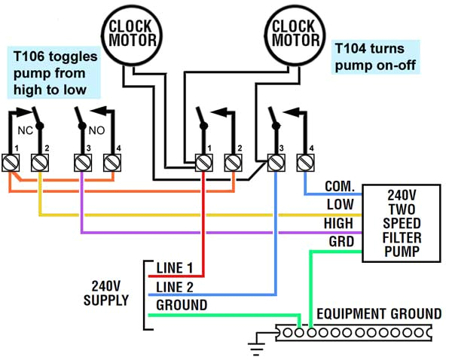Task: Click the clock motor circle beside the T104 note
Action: (x=293, y=32)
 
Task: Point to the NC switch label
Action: (x=25, y=129)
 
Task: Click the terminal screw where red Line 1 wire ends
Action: (x=203, y=162)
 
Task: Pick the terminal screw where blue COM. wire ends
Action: (x=305, y=162)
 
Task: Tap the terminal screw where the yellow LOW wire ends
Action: (x=39, y=162)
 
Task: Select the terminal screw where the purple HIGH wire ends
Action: (x=81, y=162)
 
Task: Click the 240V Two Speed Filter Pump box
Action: (x=400, y=223)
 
